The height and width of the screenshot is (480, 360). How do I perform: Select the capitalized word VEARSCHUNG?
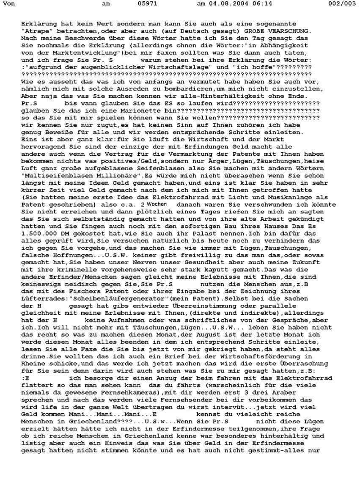click(x=291, y=31)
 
